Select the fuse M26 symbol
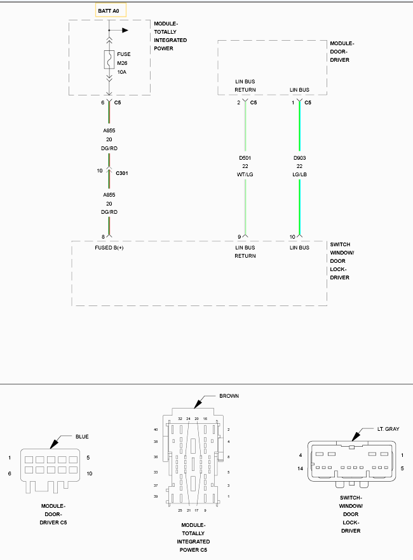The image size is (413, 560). point(109,59)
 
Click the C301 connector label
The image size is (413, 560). point(122,172)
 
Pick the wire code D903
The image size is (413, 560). point(300,158)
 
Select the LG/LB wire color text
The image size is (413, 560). point(300,174)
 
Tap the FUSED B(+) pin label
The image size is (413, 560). point(109,248)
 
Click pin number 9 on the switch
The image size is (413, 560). point(240,237)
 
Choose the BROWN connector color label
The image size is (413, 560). point(229,396)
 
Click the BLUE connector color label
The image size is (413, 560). point(82,437)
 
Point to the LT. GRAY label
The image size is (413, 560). point(388,430)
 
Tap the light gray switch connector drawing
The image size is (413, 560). point(351,463)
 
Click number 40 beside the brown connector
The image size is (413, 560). point(156,430)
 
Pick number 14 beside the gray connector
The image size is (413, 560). point(300,469)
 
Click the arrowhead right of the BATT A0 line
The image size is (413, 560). point(125,30)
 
